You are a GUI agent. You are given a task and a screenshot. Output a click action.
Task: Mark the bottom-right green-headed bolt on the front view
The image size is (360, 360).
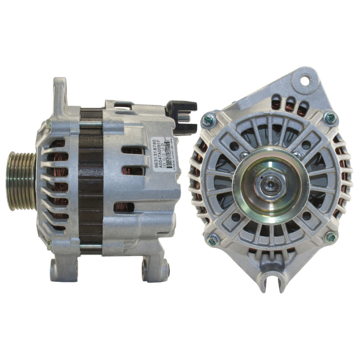pyautogui.click(x=331, y=237)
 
